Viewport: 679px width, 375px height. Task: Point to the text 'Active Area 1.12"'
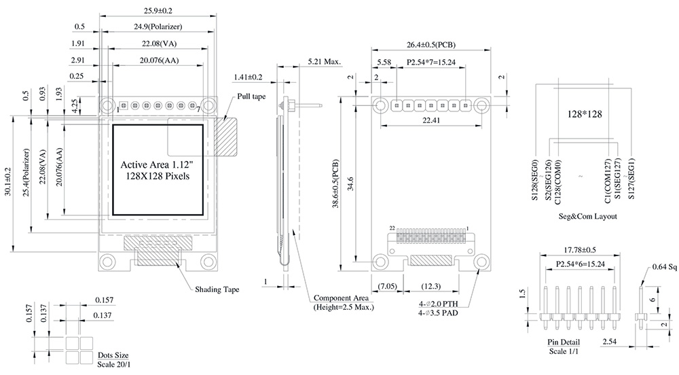tap(155, 165)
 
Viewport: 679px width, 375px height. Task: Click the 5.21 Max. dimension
tap(324, 61)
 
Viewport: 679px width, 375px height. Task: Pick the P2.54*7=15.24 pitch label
tap(431, 62)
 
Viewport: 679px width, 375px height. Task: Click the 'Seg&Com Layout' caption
tap(583, 217)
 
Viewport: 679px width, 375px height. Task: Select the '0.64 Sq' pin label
tap(664, 267)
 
